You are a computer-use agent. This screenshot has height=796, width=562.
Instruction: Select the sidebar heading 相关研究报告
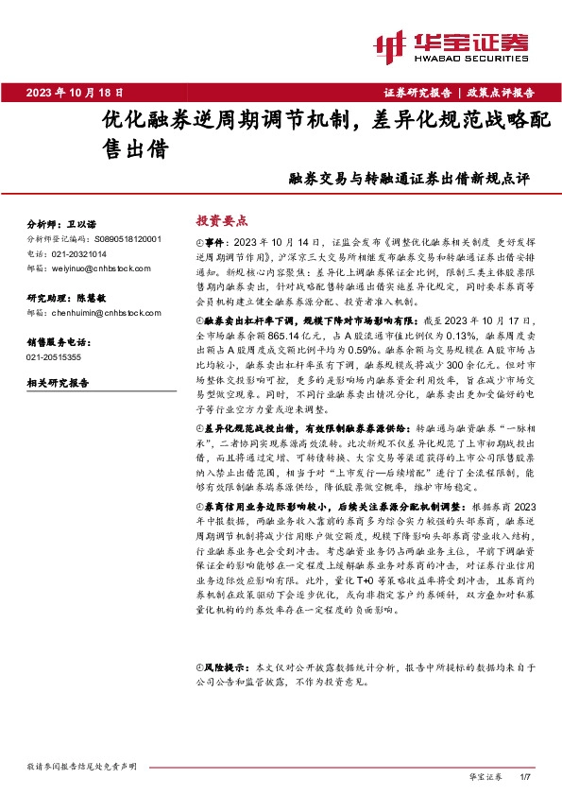(x=57, y=384)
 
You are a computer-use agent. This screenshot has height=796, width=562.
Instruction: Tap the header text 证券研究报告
(x=418, y=93)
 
